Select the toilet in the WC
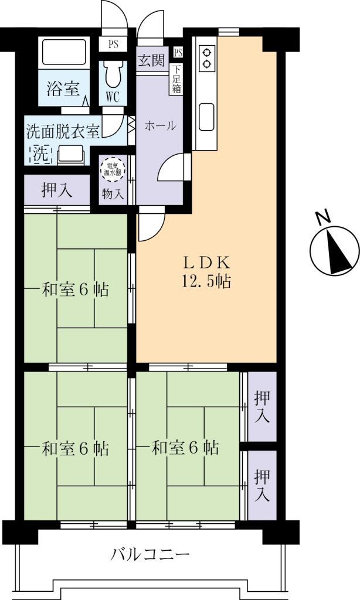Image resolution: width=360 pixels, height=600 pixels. [113, 74]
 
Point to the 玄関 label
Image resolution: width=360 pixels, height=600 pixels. [151, 60]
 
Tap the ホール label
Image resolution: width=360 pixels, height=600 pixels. [159, 125]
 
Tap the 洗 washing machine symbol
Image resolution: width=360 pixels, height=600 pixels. [39, 155]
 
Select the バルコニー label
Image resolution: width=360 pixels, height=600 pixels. [151, 554]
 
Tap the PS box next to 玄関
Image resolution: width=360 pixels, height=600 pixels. [178, 53]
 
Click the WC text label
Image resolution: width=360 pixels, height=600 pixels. [113, 97]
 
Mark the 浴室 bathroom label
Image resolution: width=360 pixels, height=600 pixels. [62, 89]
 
